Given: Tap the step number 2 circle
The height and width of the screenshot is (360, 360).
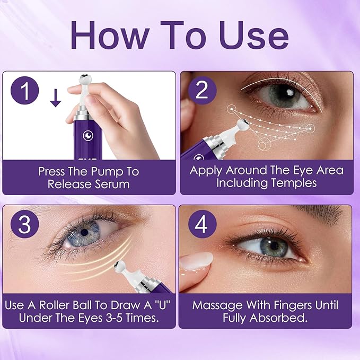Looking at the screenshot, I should point(201,91).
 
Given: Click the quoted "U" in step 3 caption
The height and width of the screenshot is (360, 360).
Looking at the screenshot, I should point(144,305).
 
